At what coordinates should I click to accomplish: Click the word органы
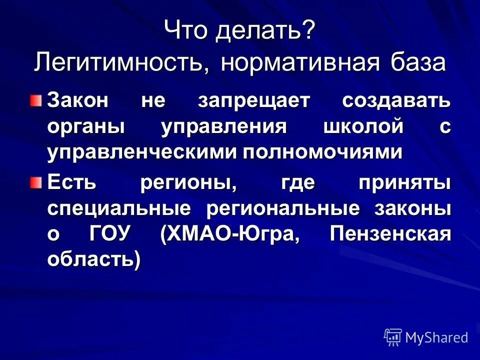point(86,126)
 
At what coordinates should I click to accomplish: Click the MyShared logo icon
point(392,337)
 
